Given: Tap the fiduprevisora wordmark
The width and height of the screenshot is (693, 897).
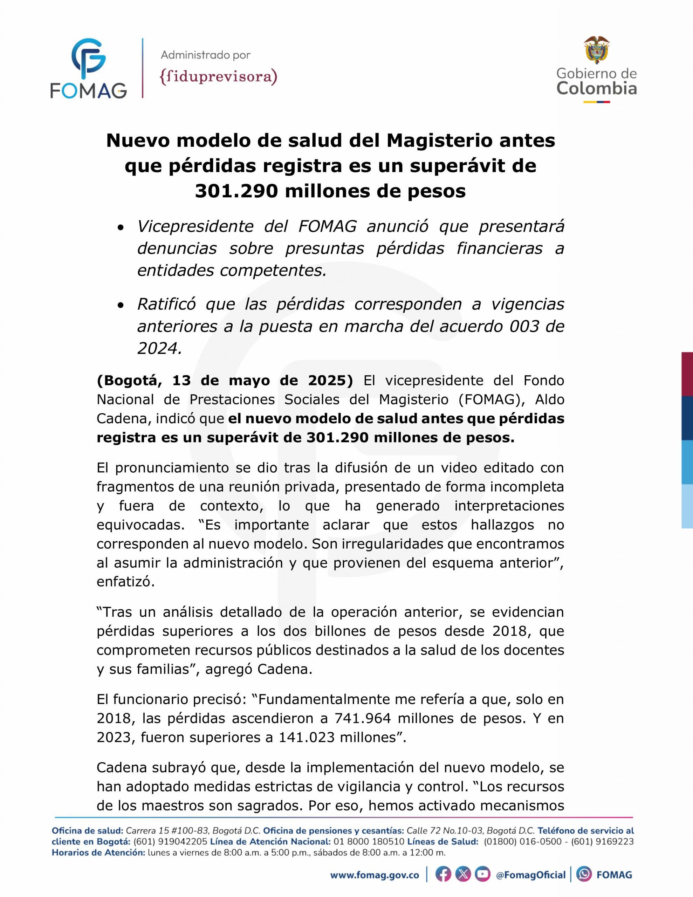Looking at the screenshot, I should pyautogui.click(x=218, y=77).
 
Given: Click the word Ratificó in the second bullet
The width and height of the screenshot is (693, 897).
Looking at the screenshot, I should pyautogui.click(x=166, y=304).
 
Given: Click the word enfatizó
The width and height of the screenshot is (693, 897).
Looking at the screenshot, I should pyautogui.click(x=125, y=582).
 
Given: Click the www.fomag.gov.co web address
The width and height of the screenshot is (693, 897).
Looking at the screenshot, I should pyautogui.click(x=375, y=875).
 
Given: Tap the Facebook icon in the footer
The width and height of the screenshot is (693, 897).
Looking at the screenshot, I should pyautogui.click(x=443, y=875).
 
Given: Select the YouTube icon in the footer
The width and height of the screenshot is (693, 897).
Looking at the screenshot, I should pyautogui.click(x=483, y=875).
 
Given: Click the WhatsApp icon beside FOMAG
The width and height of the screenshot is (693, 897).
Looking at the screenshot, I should pyautogui.click(x=584, y=875).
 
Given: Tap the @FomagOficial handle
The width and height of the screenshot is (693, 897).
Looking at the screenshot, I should pyautogui.click(x=531, y=875).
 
